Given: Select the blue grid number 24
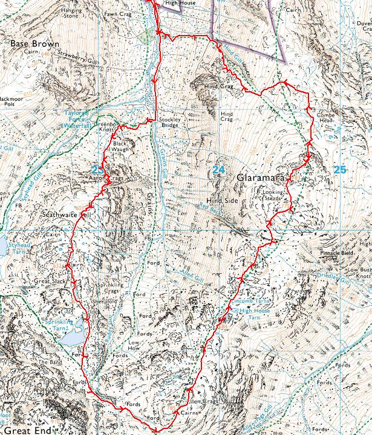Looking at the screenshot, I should (218, 170).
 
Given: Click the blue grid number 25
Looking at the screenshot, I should (340, 169).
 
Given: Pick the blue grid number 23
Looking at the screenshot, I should (97, 169).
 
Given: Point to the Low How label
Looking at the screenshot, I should (134, 345).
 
